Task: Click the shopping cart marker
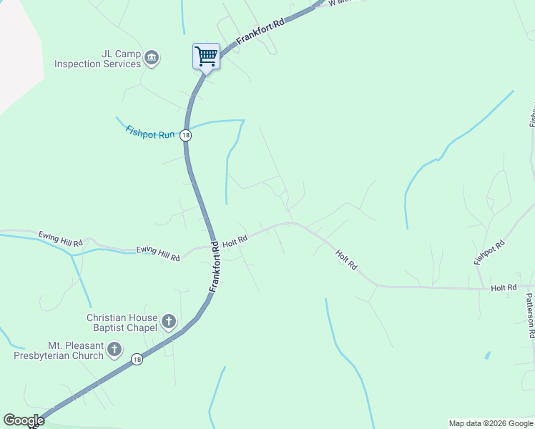pos(206,56)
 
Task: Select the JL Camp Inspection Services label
pos(98,58)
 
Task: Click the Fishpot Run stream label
pos(150,132)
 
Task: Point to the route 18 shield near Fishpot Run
pos(186,135)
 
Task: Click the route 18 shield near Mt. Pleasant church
pos(137,360)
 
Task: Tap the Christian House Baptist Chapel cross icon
pos(169,322)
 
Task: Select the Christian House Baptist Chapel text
pos(122,322)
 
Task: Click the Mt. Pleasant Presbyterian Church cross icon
pos(115,350)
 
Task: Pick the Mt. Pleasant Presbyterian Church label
pos(59,350)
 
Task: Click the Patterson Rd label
pos(531,315)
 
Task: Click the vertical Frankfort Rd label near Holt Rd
pos(215,265)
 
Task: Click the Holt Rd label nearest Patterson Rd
pos(504,287)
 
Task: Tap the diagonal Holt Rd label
pos(346,259)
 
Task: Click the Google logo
pos(24,420)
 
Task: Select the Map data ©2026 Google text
pos(490,423)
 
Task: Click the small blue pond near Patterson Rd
pos(487,355)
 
